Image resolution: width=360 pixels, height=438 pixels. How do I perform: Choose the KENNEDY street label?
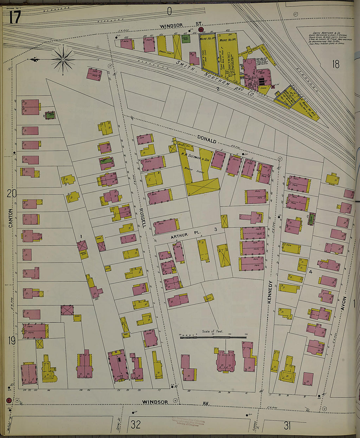(x=270, y=292)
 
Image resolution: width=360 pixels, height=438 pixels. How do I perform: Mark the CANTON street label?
(x=10, y=218)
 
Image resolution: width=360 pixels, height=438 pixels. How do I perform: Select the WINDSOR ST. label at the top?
(x=181, y=25)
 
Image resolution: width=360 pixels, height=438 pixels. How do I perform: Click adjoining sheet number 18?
(x=335, y=64)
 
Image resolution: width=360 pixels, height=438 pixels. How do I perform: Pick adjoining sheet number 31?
(x=287, y=426)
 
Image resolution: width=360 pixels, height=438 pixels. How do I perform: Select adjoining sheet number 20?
(x=11, y=194)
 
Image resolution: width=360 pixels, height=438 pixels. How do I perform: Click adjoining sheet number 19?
(x=11, y=341)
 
